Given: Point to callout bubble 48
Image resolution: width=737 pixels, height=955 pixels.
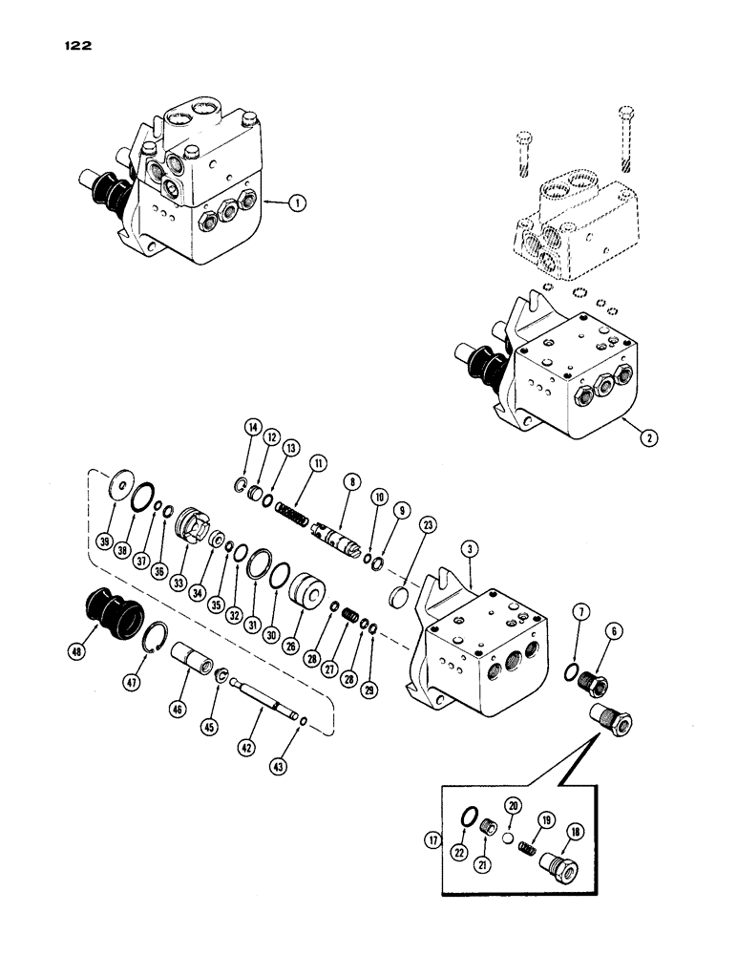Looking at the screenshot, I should pos(77,653).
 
